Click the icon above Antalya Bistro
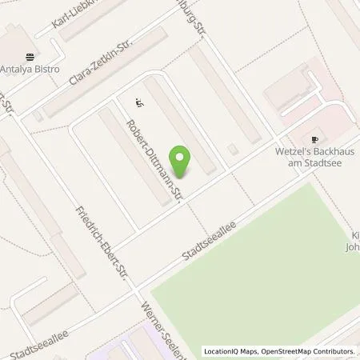(x=30, y=57)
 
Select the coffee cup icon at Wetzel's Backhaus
(x=314, y=138)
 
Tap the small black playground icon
(x=139, y=102)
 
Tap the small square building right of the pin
(x=233, y=148)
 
